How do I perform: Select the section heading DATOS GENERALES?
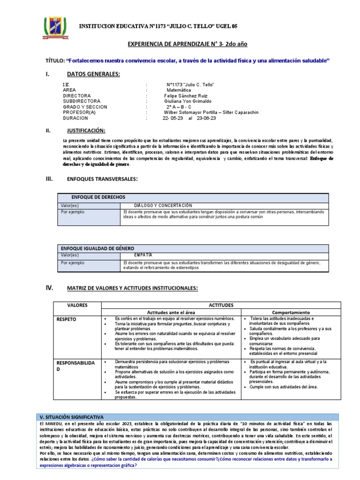93,74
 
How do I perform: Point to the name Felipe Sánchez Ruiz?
182,95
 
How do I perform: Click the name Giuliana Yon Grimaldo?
187,101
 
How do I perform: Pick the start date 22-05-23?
172,118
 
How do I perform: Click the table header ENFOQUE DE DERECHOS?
98,197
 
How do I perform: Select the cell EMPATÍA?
143,255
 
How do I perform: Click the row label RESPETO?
67,319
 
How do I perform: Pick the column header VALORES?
77,305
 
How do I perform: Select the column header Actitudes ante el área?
172,312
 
